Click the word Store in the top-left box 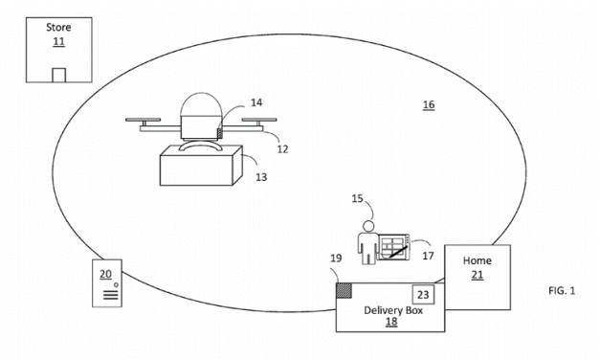point(58,29)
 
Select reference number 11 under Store point(58,43)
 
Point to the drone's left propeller point(146,121)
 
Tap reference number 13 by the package point(259,174)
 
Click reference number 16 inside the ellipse point(428,103)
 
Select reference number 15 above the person point(358,199)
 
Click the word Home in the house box point(477,260)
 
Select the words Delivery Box point(391,311)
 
